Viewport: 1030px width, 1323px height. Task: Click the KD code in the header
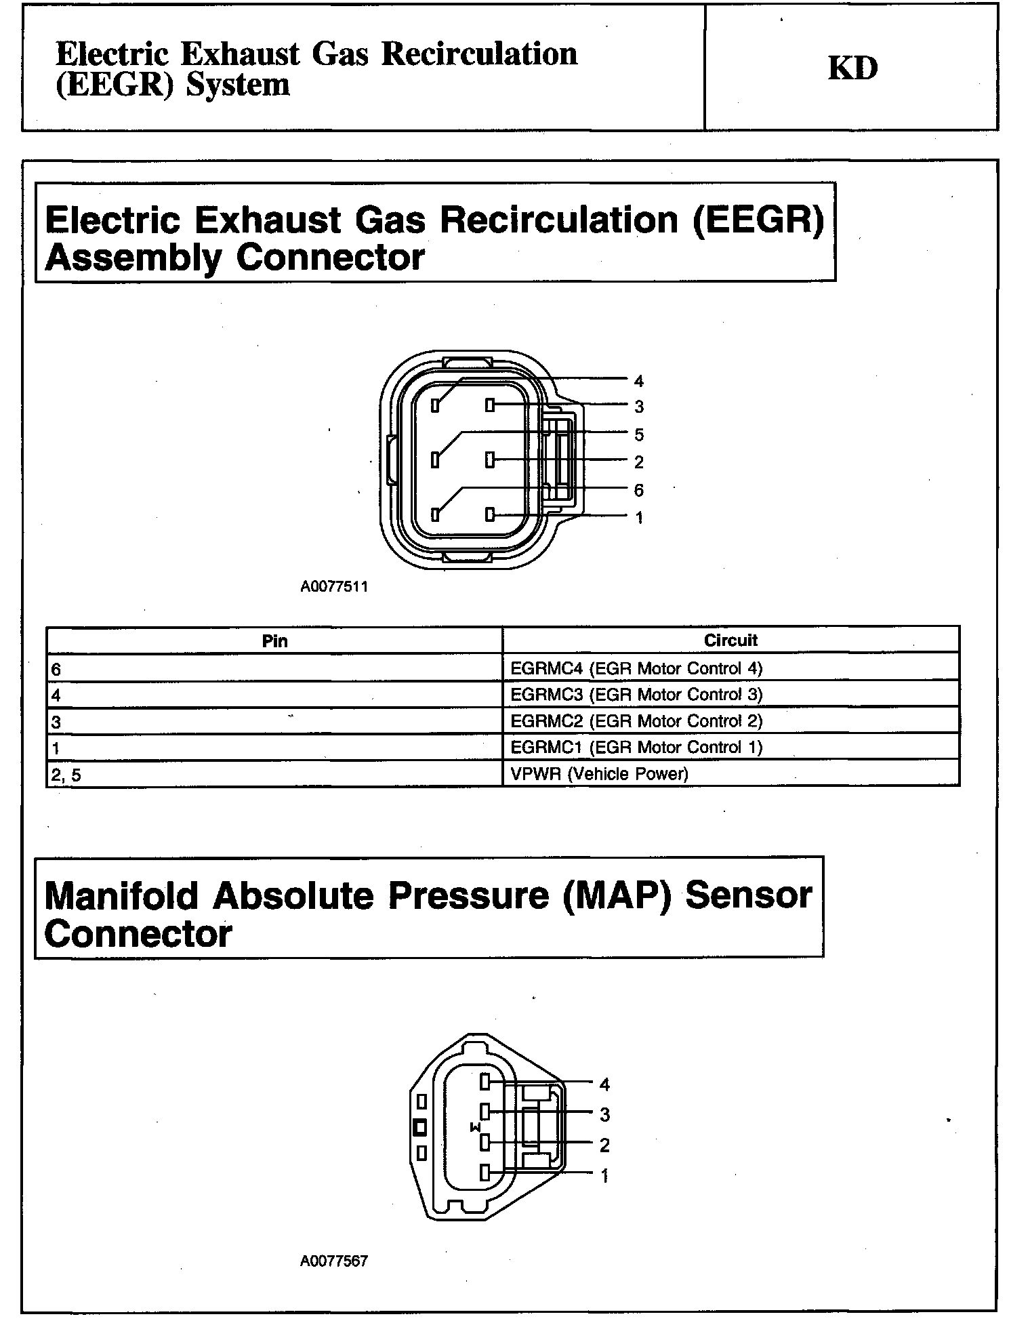pos(852,68)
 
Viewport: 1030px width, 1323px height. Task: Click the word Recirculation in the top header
pos(480,54)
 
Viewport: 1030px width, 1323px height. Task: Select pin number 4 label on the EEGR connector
pos(638,381)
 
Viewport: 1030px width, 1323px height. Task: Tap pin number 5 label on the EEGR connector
pos(638,434)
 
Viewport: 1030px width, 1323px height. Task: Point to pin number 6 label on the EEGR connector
pos(638,490)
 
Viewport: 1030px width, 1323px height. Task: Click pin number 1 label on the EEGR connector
pos(638,518)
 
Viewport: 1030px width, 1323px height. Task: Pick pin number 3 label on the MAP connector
pos(604,1114)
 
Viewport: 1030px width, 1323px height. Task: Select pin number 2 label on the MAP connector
pos(604,1145)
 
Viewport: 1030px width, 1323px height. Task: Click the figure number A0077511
pos(334,587)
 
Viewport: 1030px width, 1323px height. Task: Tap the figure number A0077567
pos(334,1261)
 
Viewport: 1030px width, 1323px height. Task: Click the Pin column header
pos(274,640)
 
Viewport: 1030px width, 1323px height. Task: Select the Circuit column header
pos(730,640)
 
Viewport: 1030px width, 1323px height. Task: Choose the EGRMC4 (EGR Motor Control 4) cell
pos(636,669)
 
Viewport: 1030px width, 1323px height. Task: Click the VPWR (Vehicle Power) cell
pos(599,774)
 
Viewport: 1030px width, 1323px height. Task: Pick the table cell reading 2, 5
pos(66,775)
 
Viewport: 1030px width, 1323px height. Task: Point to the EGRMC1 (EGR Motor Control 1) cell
pos(636,748)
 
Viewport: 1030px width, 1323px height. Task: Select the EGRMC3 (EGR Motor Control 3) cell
pos(636,695)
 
